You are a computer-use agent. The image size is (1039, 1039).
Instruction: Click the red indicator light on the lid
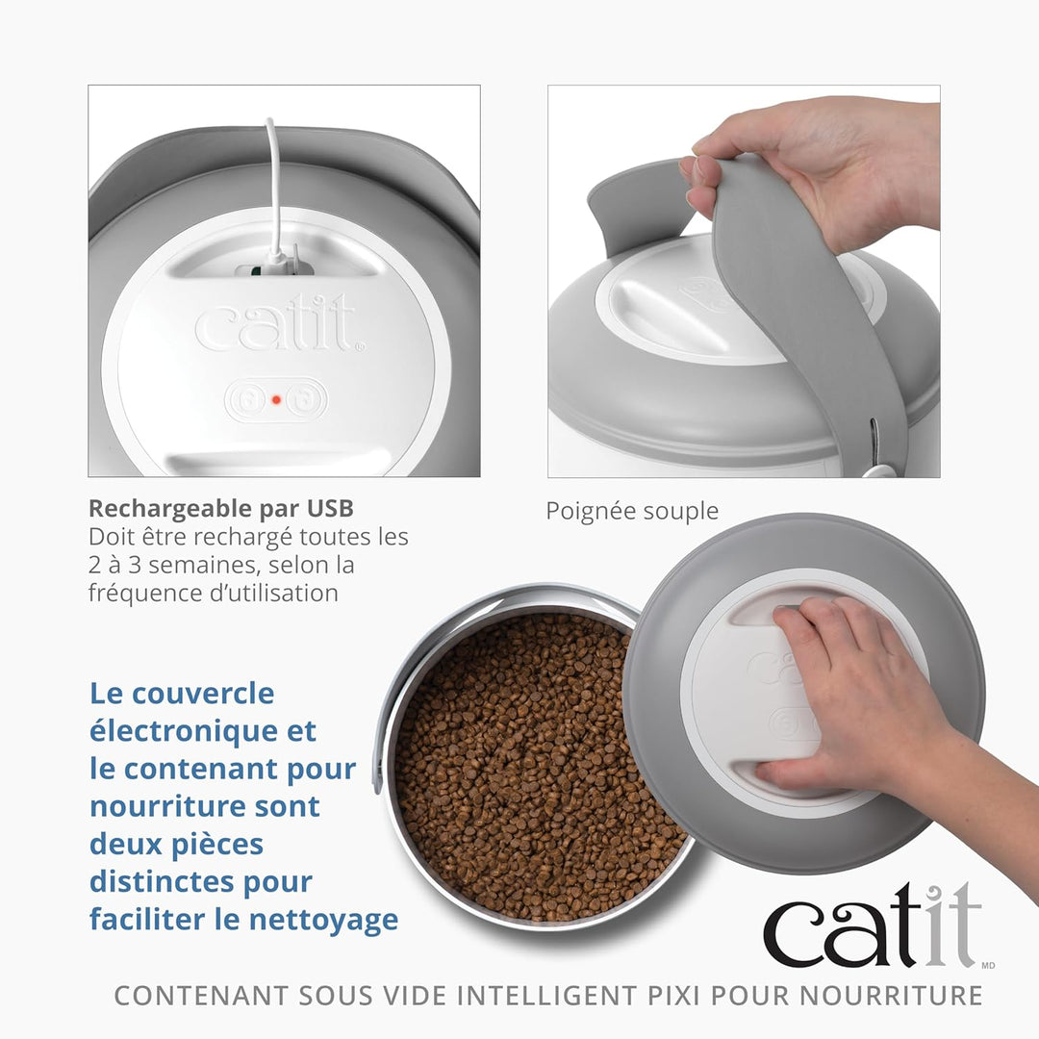point(276,399)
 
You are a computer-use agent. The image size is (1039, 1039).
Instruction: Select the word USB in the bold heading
point(330,508)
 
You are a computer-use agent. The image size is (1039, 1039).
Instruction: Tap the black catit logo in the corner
point(873,925)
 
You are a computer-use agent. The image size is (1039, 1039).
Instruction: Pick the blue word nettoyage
point(323,921)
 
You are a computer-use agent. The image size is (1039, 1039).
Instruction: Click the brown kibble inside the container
point(530,769)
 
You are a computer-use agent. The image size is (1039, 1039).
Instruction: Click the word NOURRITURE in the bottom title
point(891,996)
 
